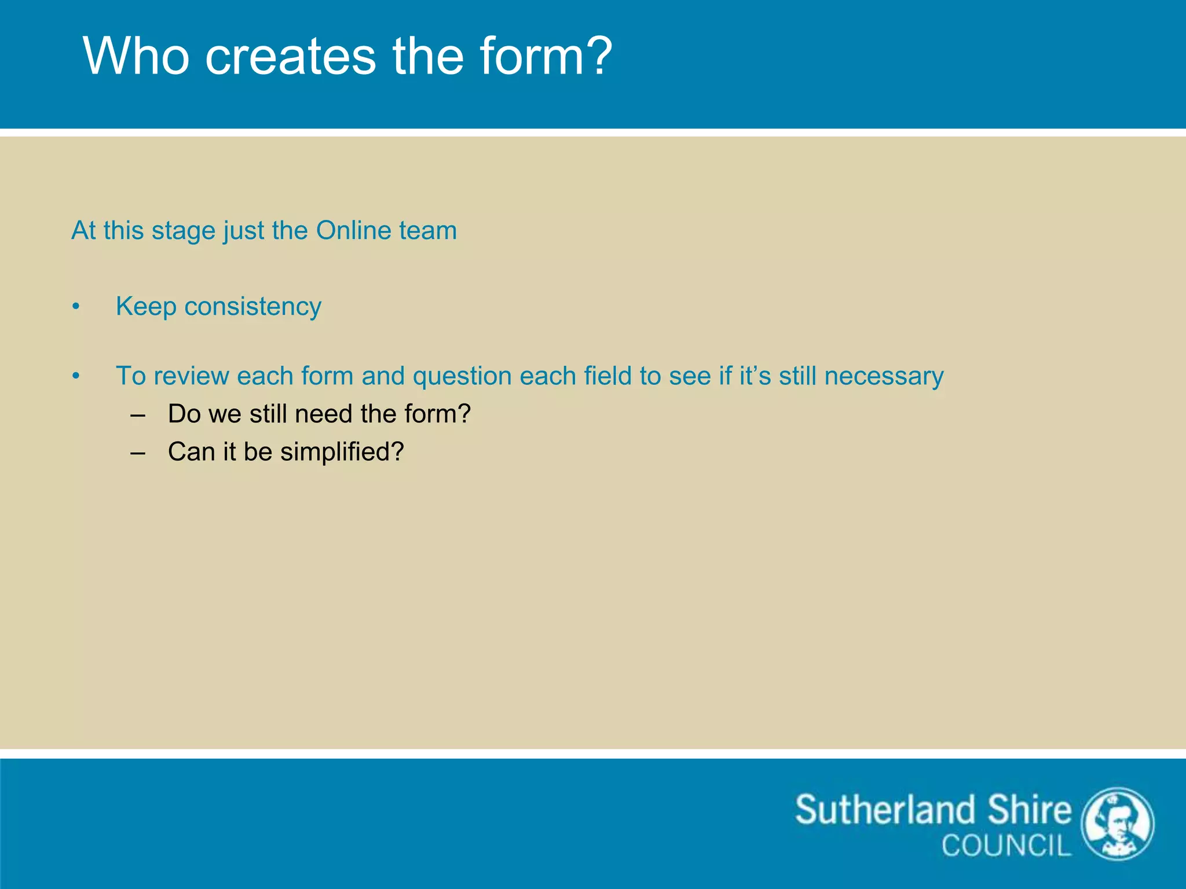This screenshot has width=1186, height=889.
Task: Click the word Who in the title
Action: (136, 56)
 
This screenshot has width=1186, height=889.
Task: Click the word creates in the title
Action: (290, 56)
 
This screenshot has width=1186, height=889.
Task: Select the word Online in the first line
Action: (354, 230)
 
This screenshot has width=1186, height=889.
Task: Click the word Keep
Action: (145, 307)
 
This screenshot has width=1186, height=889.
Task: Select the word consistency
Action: (252, 307)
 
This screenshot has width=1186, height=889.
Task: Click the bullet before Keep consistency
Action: (76, 307)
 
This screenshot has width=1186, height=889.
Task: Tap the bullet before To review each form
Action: (76, 376)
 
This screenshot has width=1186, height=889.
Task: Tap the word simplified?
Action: (342, 452)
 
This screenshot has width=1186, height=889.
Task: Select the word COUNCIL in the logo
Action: (1006, 846)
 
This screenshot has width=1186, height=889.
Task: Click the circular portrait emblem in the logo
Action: (1118, 824)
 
